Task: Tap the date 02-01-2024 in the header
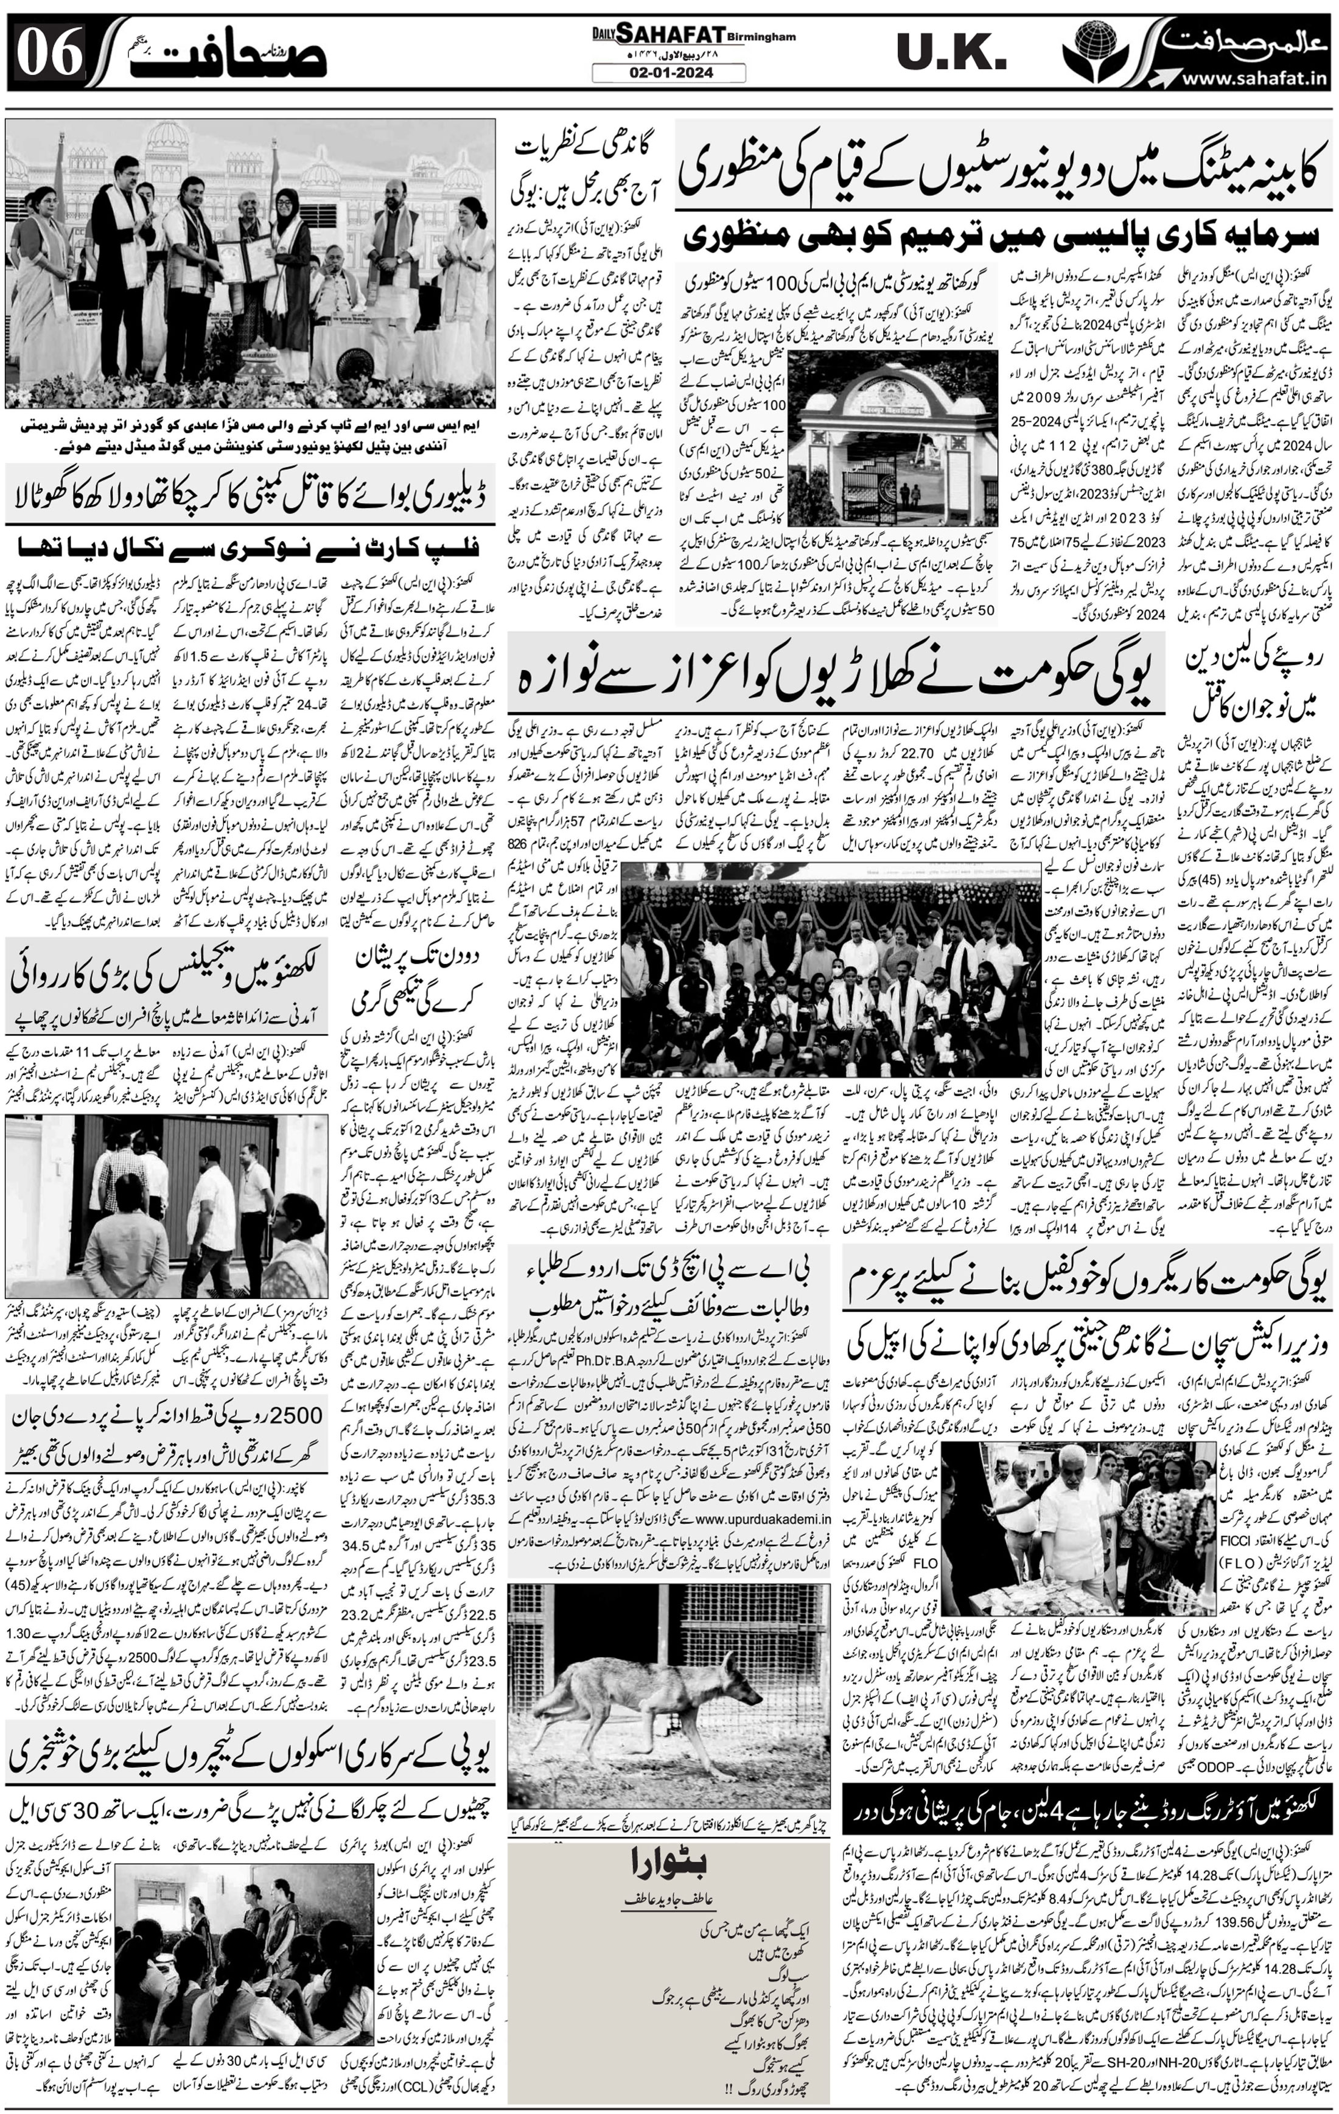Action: pyautogui.click(x=669, y=74)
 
